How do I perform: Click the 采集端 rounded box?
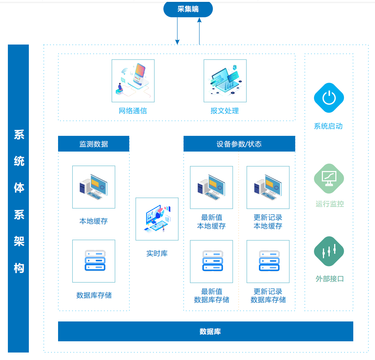(x=188, y=9)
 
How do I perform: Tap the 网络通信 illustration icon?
(x=133, y=81)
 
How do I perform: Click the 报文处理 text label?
(x=225, y=111)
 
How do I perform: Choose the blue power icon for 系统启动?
(x=329, y=98)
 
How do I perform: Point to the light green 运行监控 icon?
(x=329, y=179)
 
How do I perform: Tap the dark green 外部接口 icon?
(x=329, y=251)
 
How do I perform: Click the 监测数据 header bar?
(x=94, y=144)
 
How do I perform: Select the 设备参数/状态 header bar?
(x=239, y=144)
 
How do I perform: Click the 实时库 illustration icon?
(x=157, y=219)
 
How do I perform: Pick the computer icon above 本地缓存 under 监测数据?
(x=94, y=187)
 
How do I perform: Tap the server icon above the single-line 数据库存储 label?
(x=94, y=261)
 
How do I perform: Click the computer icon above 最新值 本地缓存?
(x=211, y=187)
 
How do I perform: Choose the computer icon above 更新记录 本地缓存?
(x=268, y=187)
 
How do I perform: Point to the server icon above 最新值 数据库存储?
(x=211, y=261)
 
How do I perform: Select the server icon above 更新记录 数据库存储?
(x=268, y=261)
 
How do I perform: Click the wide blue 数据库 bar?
(x=205, y=331)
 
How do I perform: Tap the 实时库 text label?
(x=157, y=254)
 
